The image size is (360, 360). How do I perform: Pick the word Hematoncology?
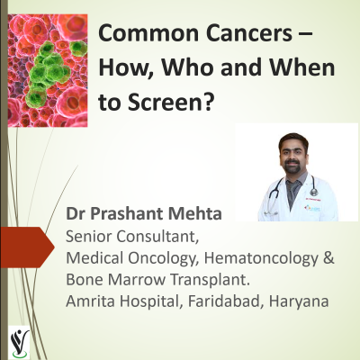pyautogui.click(x=254, y=257)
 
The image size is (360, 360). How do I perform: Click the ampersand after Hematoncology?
pyautogui.click(x=329, y=257)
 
